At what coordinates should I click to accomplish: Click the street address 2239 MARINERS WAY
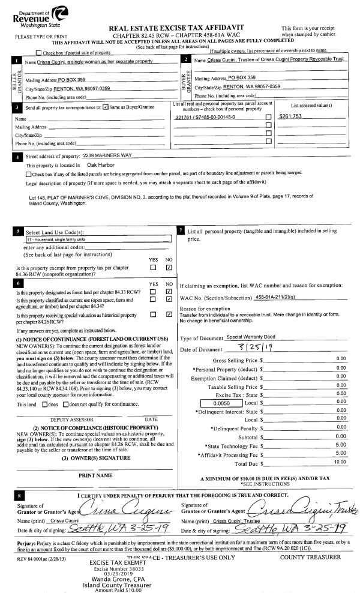coord(107,155)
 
